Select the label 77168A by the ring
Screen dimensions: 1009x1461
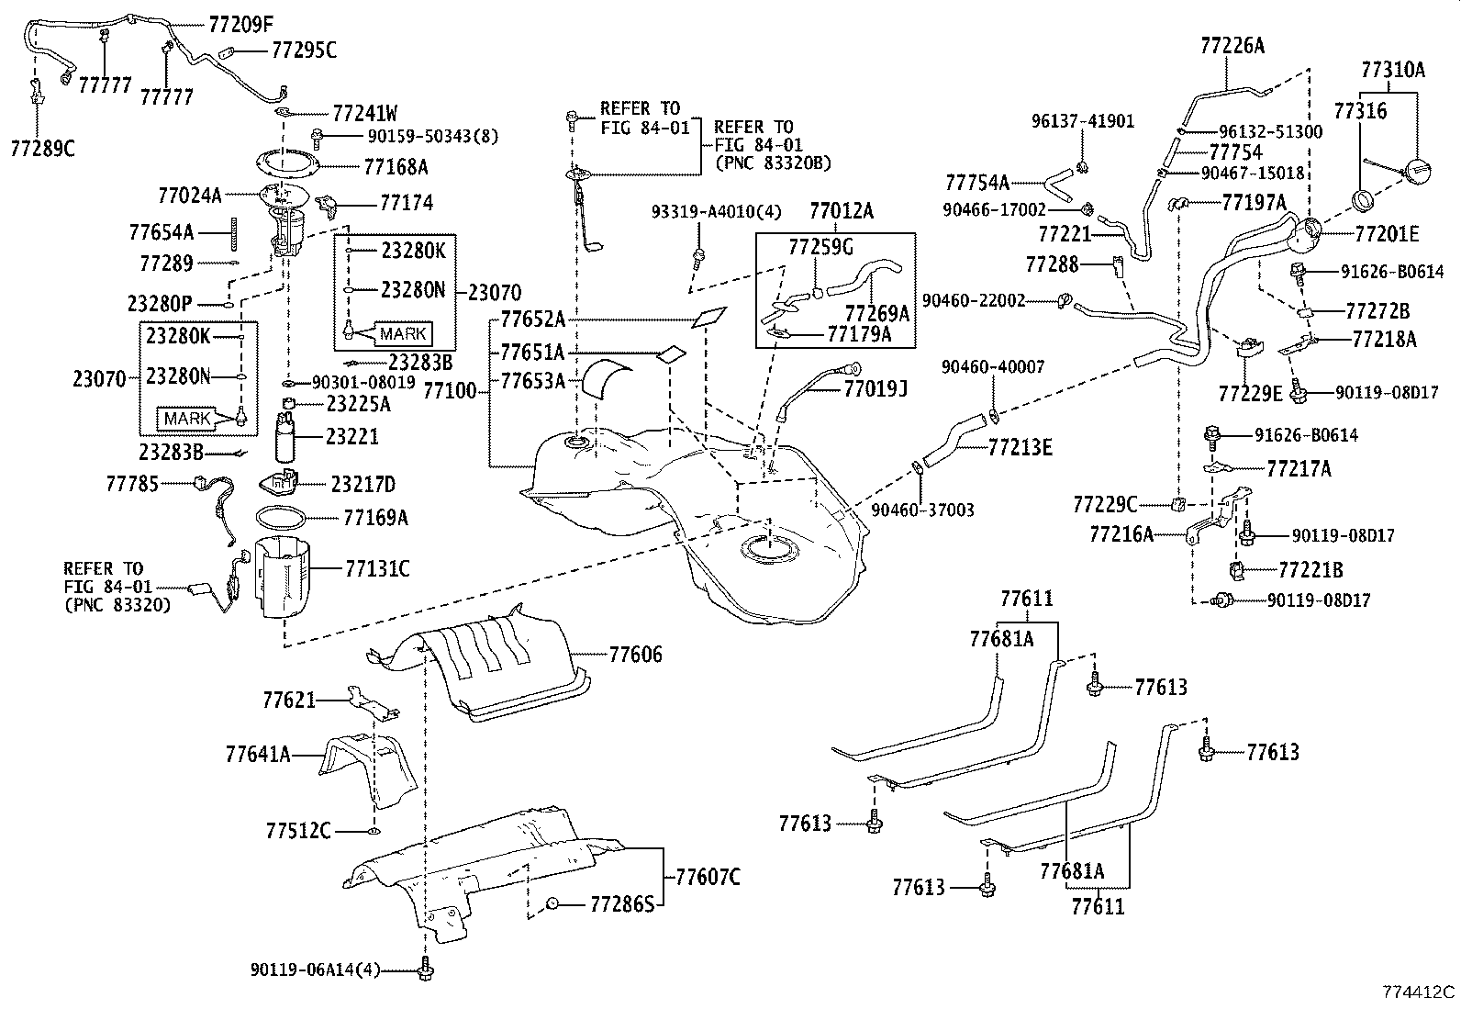[396, 167]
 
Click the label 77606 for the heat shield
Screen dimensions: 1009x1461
[635, 655]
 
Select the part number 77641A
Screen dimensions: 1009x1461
[258, 755]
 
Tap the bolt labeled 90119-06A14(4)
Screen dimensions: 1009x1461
[425, 971]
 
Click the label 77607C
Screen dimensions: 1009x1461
[708, 877]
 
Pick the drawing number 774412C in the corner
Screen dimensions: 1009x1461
[1418, 992]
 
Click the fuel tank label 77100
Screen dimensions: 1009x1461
[450, 391]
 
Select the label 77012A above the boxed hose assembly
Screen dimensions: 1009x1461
[841, 212]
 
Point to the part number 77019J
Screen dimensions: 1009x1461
[875, 389]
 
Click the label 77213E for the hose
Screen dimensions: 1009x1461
[1020, 448]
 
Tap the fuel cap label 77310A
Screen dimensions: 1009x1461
[1392, 69]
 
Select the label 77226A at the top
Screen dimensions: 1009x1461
[1232, 45]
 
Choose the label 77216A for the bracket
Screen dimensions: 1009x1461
[1121, 533]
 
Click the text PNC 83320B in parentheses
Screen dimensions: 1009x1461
[772, 163]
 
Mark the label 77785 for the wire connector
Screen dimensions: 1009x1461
[132, 482]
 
